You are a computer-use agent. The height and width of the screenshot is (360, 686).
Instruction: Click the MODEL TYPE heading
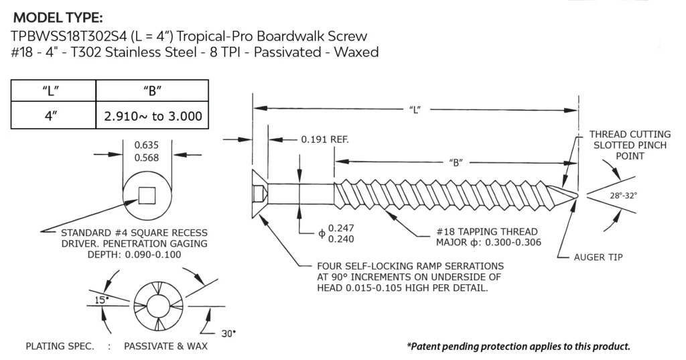59,17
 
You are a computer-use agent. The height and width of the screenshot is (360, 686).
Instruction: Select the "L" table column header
54,91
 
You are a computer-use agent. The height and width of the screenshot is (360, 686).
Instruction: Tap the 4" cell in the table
54,115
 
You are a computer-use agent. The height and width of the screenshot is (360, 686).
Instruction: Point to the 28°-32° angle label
622,195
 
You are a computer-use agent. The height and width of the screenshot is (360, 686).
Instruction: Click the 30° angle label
228,333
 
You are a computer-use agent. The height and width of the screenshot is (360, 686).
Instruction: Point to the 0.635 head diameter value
146,144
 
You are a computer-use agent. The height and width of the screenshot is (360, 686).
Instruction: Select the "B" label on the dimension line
454,162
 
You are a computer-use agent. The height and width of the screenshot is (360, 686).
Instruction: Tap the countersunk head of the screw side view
260,192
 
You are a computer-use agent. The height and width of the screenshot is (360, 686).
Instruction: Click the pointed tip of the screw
576,195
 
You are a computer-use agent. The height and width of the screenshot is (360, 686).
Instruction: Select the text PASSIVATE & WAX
165,347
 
